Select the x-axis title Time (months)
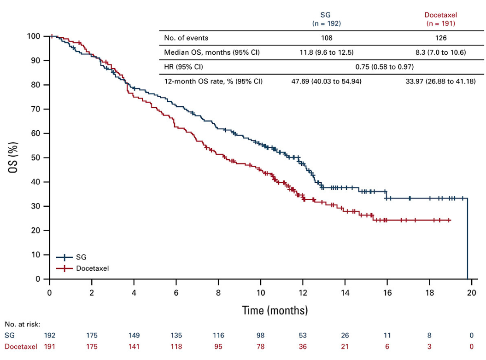275,310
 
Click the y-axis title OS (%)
14,158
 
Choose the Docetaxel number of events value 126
440,38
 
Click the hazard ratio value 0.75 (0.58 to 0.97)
384,67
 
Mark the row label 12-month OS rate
213,81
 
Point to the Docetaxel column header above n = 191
441,15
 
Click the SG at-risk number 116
218,335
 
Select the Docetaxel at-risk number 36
303,346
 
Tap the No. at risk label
22,324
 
